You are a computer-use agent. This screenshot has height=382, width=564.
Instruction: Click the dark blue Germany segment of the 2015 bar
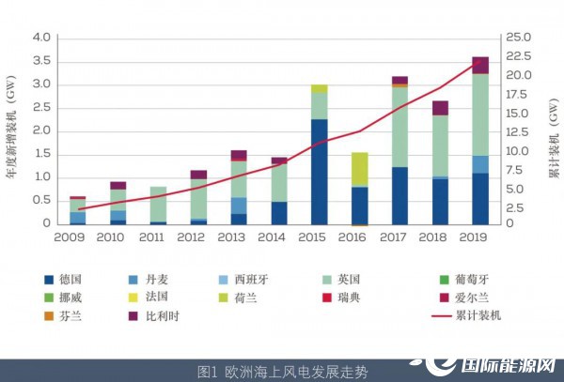[319, 171]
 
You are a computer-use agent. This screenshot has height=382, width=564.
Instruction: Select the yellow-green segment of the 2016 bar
[359, 169]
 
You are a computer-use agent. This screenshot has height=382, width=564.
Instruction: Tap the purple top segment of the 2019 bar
[479, 65]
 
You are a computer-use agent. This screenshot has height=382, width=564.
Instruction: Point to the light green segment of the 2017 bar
[399, 127]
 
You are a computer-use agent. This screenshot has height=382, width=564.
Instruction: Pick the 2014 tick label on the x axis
[278, 237]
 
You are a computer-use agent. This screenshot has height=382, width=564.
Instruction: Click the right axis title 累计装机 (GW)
[551, 131]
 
